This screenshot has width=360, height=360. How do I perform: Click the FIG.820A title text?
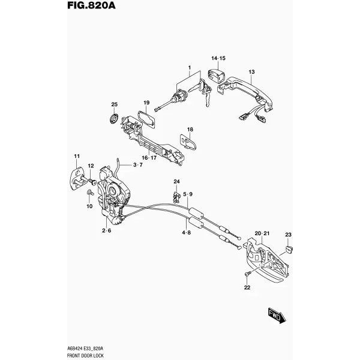91,5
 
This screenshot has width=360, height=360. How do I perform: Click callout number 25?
115,104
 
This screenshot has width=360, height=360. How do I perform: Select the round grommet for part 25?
113,118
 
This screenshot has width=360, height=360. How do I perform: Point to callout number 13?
251,72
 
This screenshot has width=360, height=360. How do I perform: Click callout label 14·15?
218,58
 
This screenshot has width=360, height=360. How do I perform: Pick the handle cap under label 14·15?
217,76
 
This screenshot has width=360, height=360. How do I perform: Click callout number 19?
146,103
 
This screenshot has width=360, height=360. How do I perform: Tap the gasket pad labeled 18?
188,142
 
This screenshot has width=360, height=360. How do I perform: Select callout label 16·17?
149,158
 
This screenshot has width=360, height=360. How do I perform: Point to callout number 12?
91,166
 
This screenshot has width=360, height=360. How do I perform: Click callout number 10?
89,206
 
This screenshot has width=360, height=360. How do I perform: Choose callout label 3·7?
138,165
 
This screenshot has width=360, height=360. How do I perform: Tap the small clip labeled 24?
176,197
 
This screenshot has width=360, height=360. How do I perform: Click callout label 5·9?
188,194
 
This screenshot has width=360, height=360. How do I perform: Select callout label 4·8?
187,233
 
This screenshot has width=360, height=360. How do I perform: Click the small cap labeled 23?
289,249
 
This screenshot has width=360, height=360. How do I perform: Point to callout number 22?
247,287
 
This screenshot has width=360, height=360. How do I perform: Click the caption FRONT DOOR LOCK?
85,356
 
